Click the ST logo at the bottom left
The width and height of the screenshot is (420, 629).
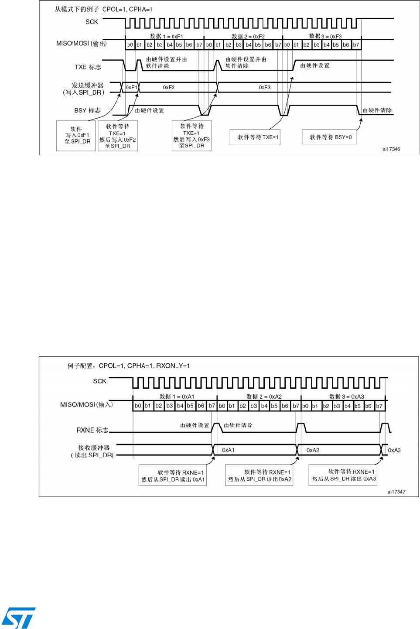point(18,618)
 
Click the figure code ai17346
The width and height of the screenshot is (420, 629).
point(391,149)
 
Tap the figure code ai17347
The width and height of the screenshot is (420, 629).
point(396,492)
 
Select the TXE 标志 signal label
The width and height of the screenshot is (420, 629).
point(88,67)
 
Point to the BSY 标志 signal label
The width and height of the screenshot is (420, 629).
point(87,110)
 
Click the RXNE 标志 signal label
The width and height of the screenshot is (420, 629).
point(92,430)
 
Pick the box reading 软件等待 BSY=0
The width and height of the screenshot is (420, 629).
point(330,137)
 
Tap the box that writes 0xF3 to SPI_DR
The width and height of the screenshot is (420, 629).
point(191,136)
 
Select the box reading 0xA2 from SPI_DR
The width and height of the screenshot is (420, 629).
point(260,475)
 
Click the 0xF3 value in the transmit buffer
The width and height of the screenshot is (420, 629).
point(264,87)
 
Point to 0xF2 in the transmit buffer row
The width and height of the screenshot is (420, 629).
point(169,87)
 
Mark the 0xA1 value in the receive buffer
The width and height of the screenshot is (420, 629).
point(228,450)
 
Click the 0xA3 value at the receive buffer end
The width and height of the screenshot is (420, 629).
point(394,450)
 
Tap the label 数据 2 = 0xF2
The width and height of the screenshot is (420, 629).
point(248,37)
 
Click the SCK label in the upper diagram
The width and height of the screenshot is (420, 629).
point(92,22)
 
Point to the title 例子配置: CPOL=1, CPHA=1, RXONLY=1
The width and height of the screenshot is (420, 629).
point(129,366)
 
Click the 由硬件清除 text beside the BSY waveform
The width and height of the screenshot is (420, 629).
point(377,110)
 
